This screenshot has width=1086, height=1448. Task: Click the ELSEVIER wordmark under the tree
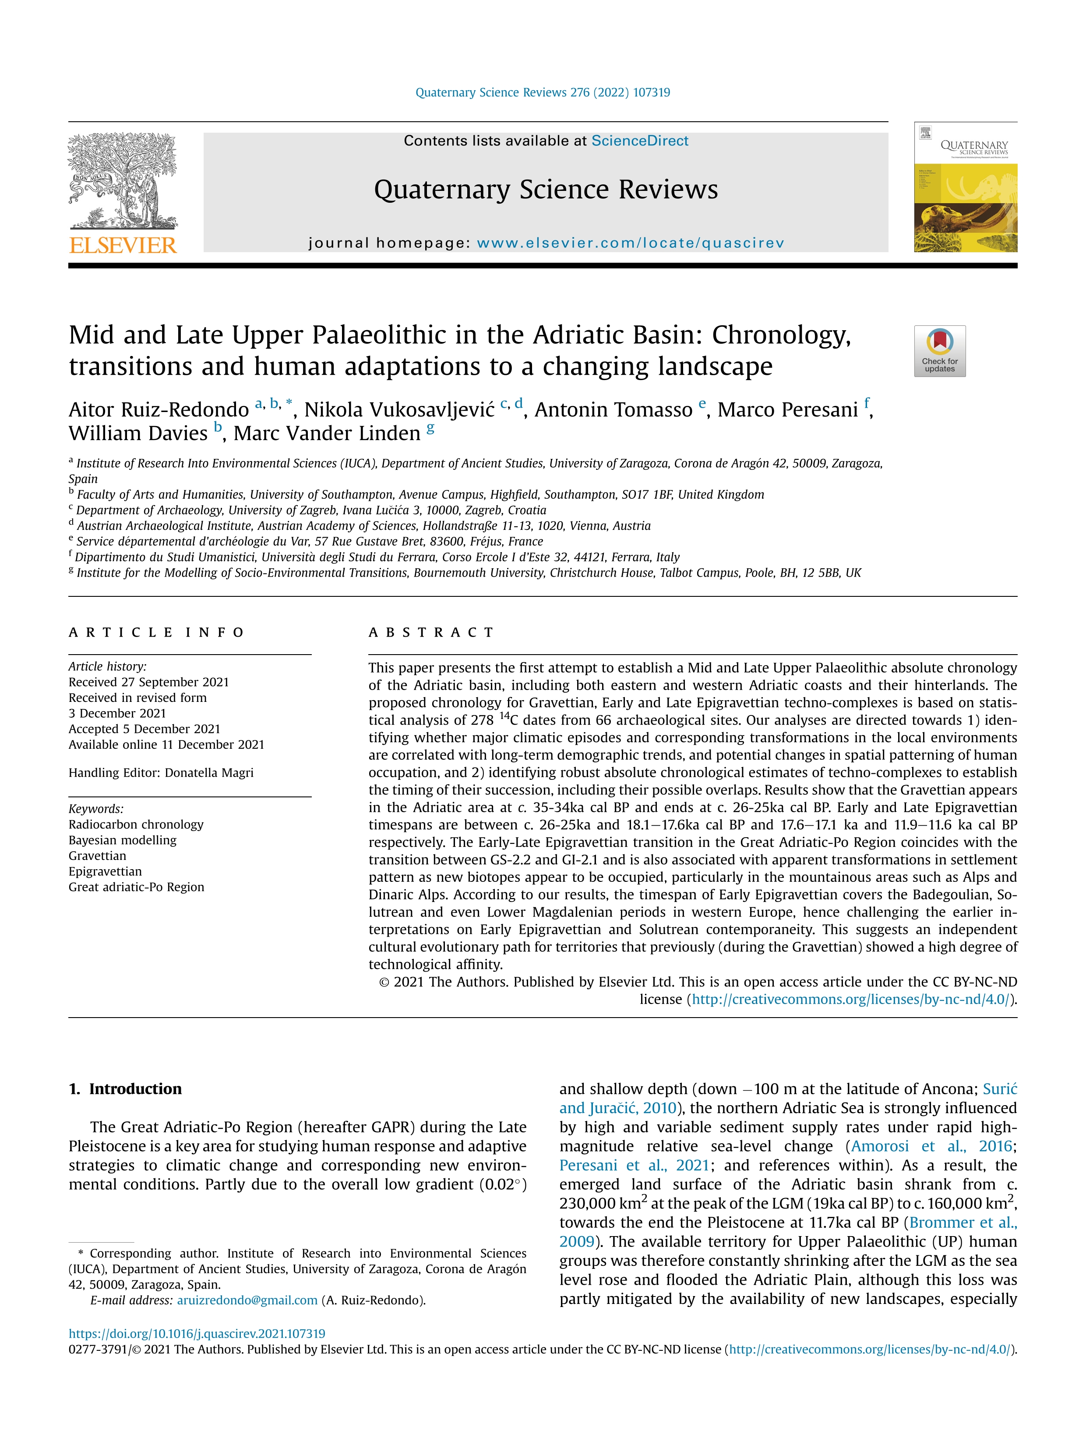coord(123,246)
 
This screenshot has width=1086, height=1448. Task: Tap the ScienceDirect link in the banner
coord(639,141)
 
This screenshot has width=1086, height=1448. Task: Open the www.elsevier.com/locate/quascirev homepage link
coord(630,243)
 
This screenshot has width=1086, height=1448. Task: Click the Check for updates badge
coord(939,351)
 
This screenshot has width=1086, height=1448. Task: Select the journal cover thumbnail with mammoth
coord(966,187)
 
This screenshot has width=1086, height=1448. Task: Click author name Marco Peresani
coord(787,410)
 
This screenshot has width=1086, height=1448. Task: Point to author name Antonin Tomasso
coord(614,410)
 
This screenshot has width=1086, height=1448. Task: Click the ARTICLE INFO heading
coord(156,632)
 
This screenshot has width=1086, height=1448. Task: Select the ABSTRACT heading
coord(431,632)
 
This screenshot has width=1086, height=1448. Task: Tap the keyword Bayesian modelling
coord(123,840)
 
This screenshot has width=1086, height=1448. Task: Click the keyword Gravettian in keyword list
coord(98,856)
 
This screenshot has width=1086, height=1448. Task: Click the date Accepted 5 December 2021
coord(144,729)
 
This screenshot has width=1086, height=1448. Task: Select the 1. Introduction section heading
coord(125,1089)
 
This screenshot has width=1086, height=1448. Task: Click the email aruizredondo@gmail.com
coord(247,1300)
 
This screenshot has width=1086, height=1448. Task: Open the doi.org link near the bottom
coord(196,1333)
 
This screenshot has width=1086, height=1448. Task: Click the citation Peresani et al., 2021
coord(634,1165)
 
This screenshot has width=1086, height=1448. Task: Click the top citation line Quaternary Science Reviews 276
coord(543,92)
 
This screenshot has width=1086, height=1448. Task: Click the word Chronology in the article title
coord(781,335)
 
